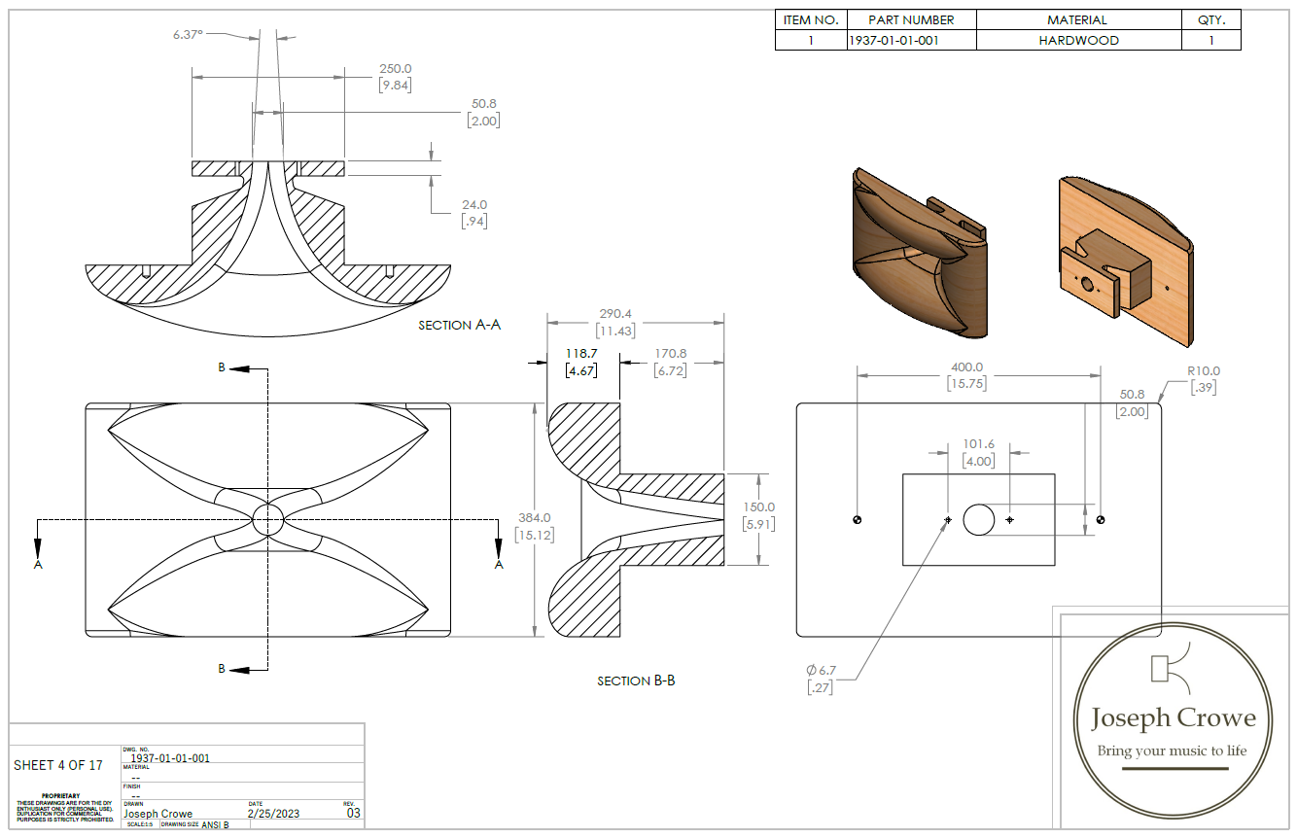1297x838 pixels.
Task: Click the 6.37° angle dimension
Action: point(188,34)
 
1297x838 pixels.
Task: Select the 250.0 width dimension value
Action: point(395,69)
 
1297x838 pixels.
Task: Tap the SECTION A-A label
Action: point(459,325)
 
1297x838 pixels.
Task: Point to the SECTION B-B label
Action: point(636,681)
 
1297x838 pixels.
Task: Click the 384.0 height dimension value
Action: point(534,518)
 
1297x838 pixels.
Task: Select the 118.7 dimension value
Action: point(581,354)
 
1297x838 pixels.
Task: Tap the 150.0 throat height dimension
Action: point(758,506)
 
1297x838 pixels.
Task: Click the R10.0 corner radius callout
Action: point(1203,370)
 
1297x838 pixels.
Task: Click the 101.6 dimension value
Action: point(978,444)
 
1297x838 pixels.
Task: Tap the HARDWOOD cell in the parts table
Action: point(1078,41)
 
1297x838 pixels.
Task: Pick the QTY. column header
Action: point(1210,19)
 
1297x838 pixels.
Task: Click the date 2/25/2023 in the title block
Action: point(275,814)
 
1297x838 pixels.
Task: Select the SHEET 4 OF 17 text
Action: point(58,765)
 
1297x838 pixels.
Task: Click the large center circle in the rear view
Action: point(978,520)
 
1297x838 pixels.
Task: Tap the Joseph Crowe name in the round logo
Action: point(1173,718)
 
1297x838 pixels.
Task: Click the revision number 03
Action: point(354,814)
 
